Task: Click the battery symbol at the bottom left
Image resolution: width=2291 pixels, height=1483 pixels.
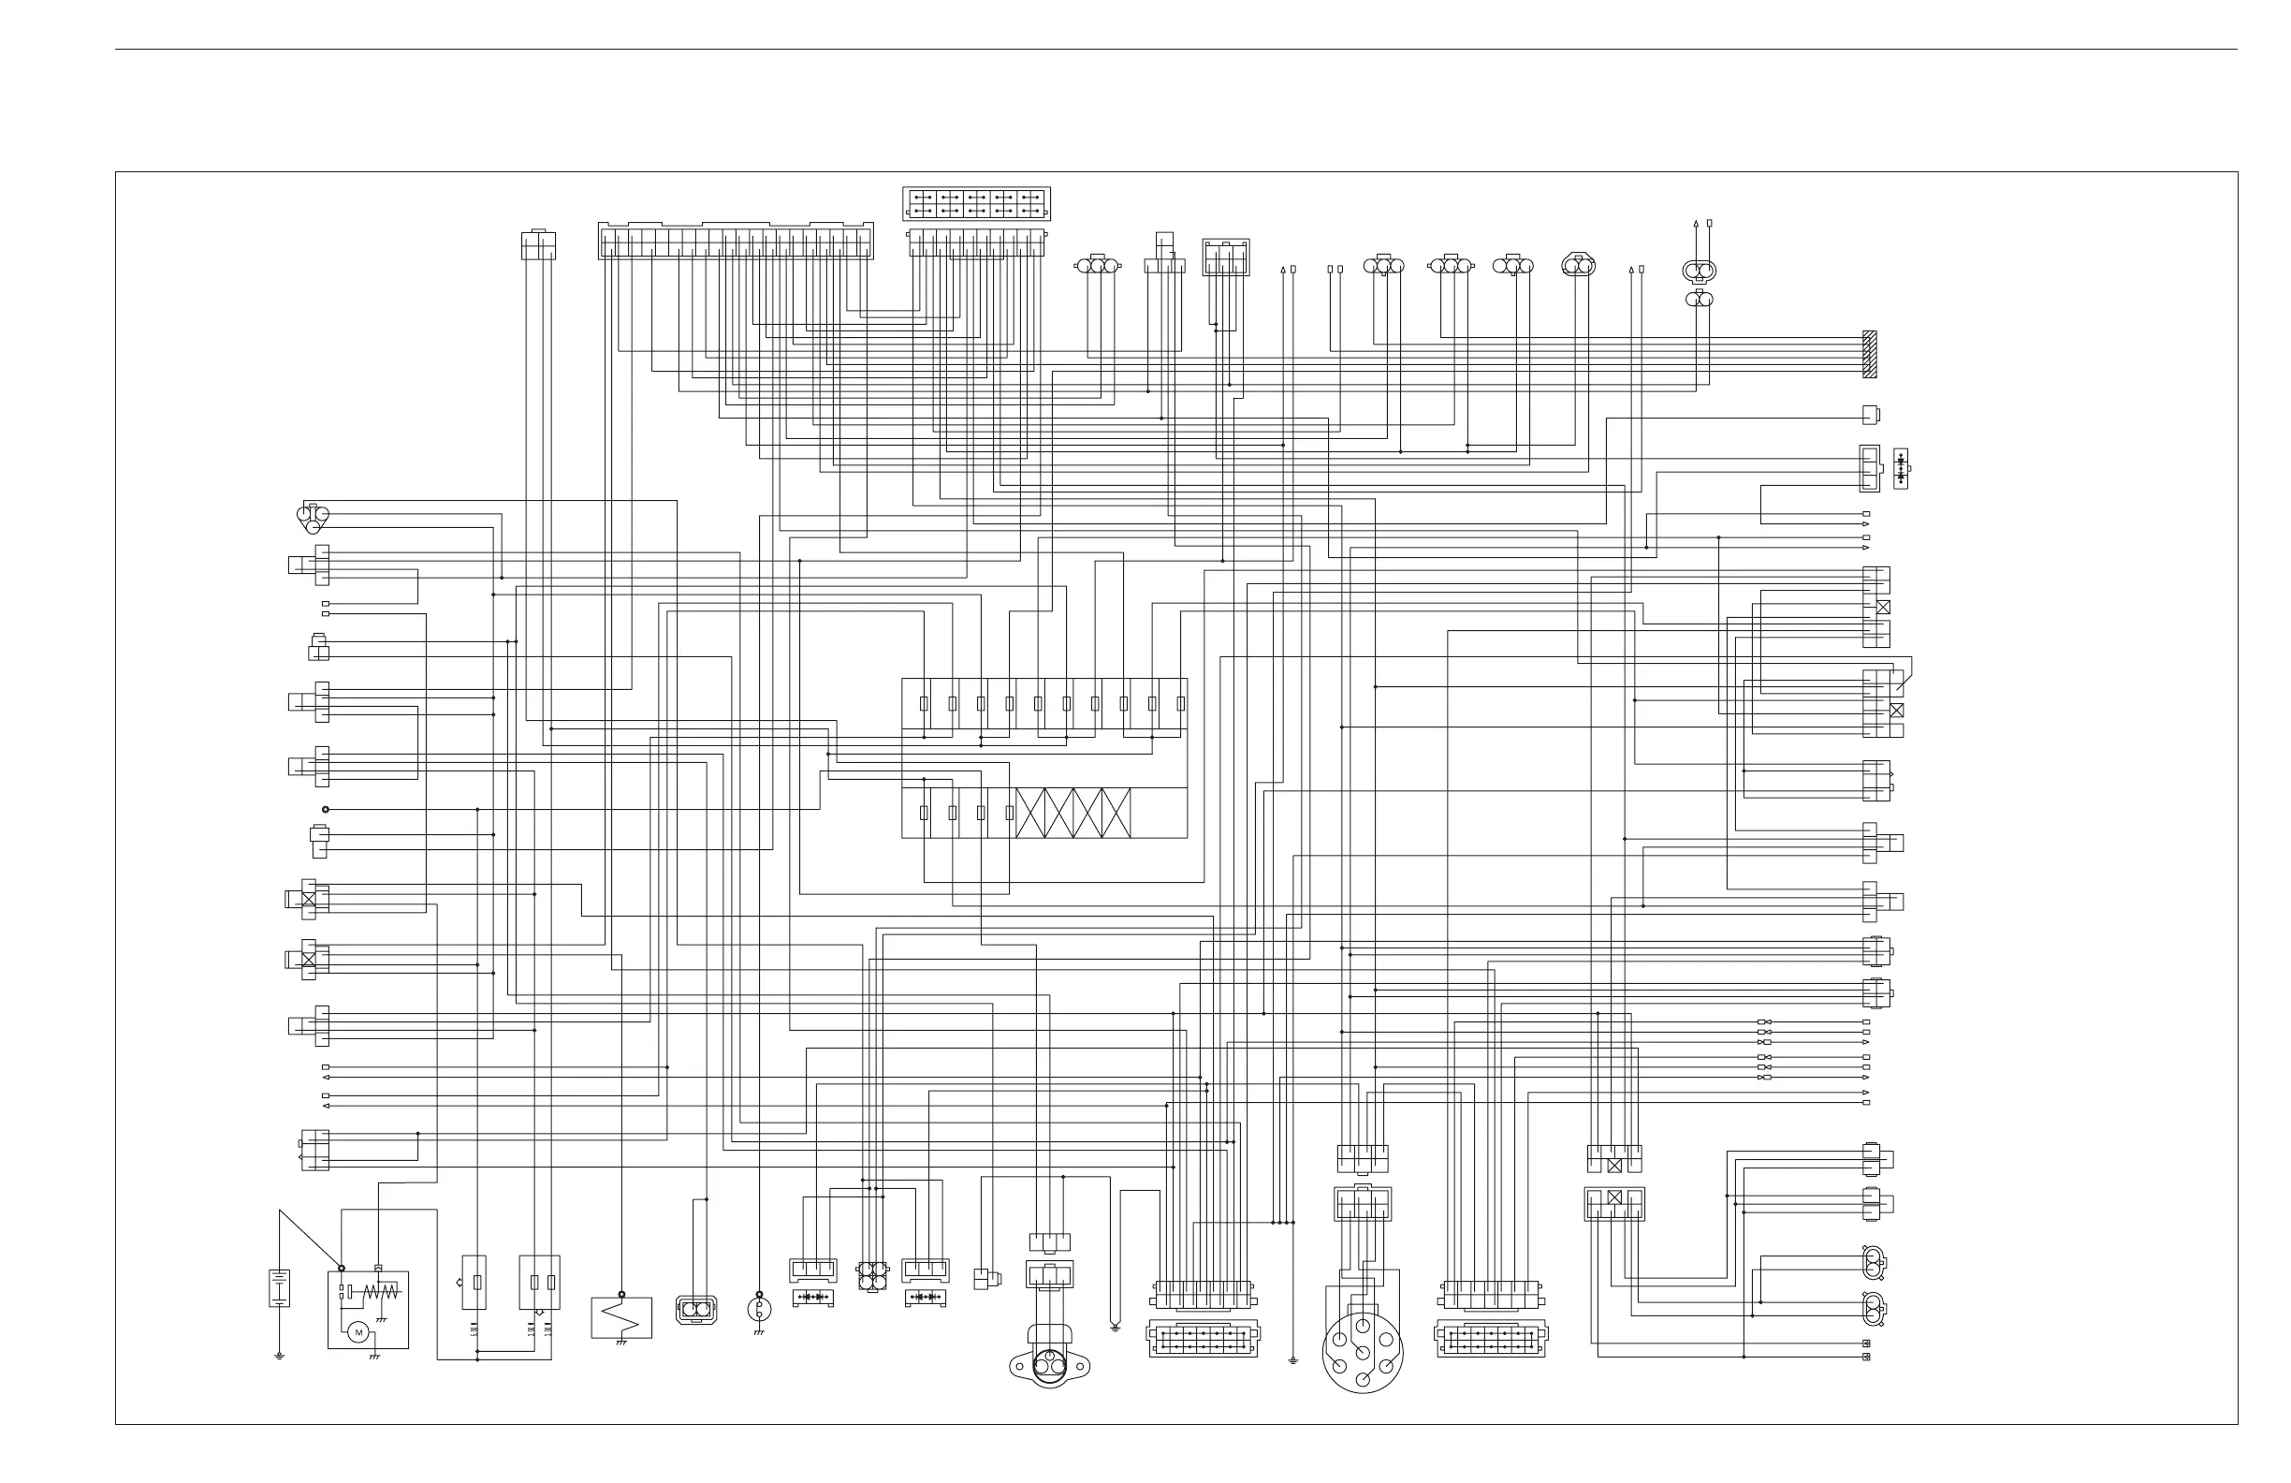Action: point(279,1287)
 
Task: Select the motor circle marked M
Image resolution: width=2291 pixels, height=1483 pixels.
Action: point(359,1332)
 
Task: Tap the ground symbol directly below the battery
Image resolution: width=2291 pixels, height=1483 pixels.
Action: point(279,1356)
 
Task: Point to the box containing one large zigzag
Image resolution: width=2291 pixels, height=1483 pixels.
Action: point(620,1317)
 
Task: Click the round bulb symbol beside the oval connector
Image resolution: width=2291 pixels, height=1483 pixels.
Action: point(759,1309)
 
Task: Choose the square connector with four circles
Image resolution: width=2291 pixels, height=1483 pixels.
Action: point(872,1276)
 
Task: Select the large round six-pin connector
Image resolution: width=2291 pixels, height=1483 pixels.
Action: point(1362,1352)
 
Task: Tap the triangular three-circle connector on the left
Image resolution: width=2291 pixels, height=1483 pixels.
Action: point(312,518)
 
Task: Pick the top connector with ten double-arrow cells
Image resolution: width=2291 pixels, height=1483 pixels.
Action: point(976,203)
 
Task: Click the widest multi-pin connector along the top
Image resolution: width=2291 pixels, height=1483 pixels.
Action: point(736,241)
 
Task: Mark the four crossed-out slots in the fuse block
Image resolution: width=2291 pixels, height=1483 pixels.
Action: point(1073,813)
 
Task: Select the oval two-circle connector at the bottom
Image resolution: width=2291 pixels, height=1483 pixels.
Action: point(696,1310)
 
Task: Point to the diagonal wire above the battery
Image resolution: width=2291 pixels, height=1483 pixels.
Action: point(310,1240)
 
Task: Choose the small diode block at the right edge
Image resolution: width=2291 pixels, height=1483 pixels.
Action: point(1900,468)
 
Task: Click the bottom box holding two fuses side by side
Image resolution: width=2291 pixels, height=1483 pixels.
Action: point(540,1282)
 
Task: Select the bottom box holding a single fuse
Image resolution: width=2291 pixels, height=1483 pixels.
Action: point(474,1282)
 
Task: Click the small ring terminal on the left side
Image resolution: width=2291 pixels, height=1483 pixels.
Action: point(326,810)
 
